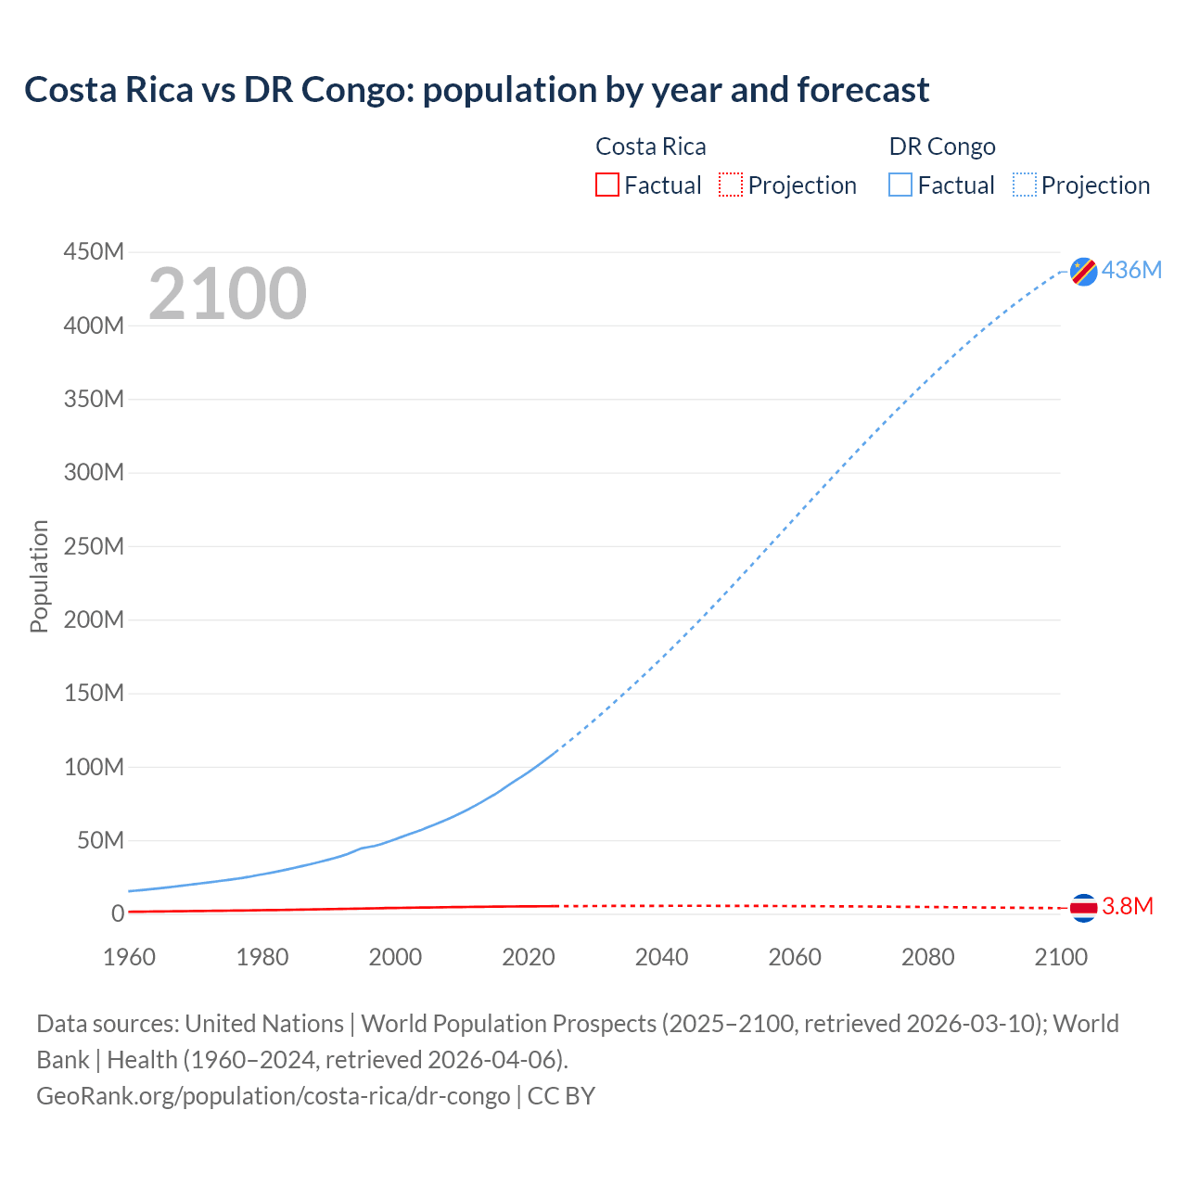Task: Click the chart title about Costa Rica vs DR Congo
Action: (x=477, y=90)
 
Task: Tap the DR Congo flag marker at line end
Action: (x=1083, y=271)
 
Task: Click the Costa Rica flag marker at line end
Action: (x=1083, y=907)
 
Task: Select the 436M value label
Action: (x=1131, y=270)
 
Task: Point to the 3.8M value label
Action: (x=1128, y=906)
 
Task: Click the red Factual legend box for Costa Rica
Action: (x=607, y=185)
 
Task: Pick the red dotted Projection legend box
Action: (x=731, y=185)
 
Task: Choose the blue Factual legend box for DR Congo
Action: (x=900, y=185)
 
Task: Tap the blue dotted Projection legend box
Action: (x=1025, y=185)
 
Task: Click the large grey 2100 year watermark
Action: (x=227, y=294)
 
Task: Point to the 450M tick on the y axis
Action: (x=94, y=251)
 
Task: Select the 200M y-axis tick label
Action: (x=94, y=619)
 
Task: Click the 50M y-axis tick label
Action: (x=100, y=840)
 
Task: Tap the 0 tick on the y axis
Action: (x=117, y=913)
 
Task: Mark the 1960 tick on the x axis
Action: (x=129, y=957)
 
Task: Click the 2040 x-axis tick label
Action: (x=661, y=957)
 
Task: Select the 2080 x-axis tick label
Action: (x=927, y=957)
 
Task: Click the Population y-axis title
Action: (x=39, y=576)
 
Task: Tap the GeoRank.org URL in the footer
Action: (x=273, y=1096)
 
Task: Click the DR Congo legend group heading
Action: (x=942, y=147)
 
